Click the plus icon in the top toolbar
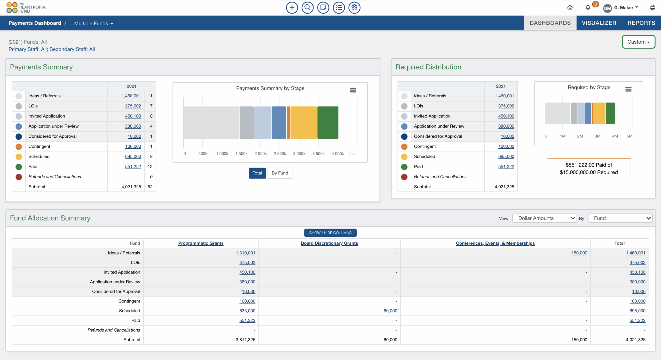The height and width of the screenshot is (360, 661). click(292, 7)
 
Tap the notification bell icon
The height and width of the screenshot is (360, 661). click(588, 7)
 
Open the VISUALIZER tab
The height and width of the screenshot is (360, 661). click(599, 23)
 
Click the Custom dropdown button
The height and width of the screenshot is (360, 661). click(638, 42)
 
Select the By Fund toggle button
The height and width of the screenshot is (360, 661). click(280, 173)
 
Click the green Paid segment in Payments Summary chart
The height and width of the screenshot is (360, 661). click(328, 123)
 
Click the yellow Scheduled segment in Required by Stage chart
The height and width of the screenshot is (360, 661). click(599, 113)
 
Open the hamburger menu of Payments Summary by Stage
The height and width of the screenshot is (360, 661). click(353, 90)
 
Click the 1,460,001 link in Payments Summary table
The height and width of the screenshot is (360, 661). click(131, 96)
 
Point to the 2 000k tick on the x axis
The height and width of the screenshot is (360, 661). click(261, 154)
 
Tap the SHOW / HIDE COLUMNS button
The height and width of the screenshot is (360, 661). click(330, 233)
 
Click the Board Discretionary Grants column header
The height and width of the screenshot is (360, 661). click(329, 243)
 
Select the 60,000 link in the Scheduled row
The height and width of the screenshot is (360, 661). click(390, 311)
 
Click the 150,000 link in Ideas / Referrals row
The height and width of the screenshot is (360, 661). click(579, 253)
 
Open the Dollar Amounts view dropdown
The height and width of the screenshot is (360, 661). click(544, 218)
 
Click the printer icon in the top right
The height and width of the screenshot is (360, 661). click(652, 7)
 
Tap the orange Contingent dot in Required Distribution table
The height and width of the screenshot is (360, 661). click(404, 147)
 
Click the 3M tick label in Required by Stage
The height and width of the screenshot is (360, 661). click(597, 136)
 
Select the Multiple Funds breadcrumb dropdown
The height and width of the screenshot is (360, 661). click(91, 24)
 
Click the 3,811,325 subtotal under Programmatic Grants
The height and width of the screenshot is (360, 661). click(245, 340)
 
